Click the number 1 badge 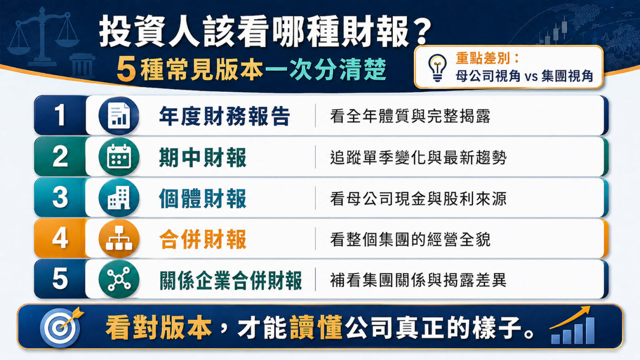pos(60,116)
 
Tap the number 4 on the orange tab pos(60,238)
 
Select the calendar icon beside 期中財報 pos(119,157)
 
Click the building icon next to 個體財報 pos(119,198)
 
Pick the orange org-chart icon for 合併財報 pos(119,238)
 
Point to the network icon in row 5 pos(119,279)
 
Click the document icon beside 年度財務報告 pos(119,116)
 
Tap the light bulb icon pos(437,67)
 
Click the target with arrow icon pos(61,326)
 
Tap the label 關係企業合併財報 pos(231,280)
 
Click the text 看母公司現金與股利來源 pos(418,198)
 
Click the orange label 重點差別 pos(485,58)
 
